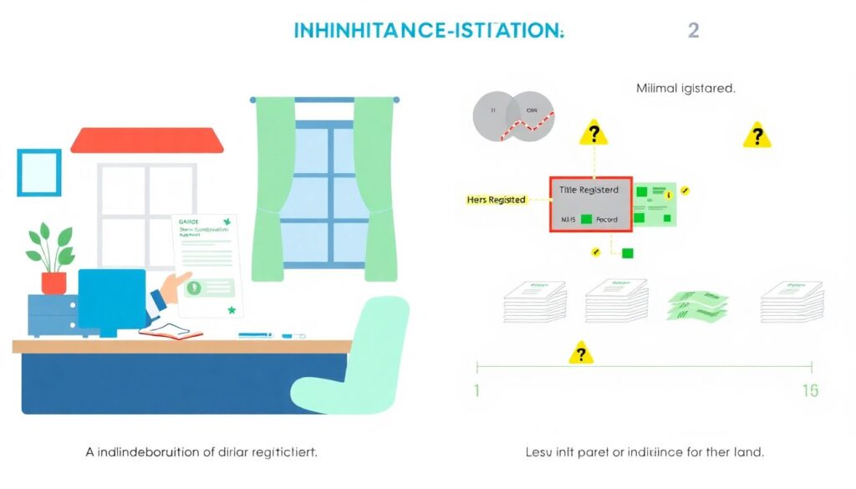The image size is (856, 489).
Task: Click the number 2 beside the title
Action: click(693, 31)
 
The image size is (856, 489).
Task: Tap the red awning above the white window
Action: click(147, 140)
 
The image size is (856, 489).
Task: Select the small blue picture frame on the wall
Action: click(39, 172)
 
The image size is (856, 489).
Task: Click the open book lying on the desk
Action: click(171, 331)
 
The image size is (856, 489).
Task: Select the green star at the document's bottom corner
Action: click(232, 310)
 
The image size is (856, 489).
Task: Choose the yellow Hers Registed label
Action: click(496, 200)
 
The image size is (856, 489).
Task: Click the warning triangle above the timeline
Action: click(581, 354)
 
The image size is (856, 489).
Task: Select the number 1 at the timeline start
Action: click(476, 390)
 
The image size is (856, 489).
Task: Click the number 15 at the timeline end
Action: click(810, 390)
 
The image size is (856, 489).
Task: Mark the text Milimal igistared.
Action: click(685, 88)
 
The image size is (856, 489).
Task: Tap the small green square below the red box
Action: click(628, 253)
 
